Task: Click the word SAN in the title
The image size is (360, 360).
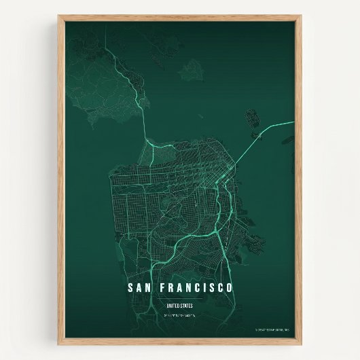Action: click(140, 288)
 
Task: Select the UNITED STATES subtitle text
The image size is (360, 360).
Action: click(179, 306)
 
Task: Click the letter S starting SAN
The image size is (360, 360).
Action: click(130, 288)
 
